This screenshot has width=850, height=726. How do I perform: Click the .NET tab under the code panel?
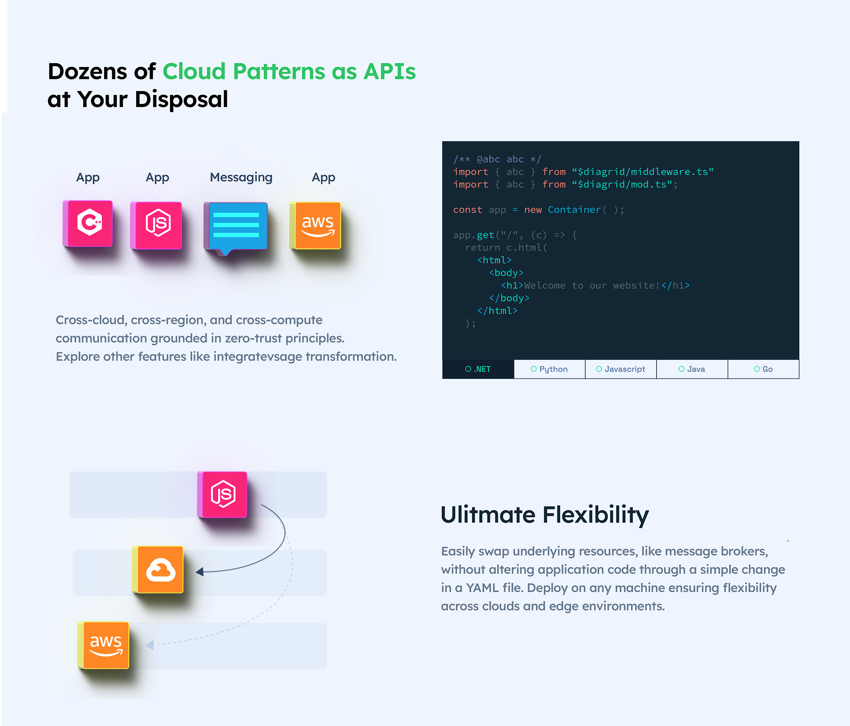[478, 369]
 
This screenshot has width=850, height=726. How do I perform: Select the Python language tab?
[549, 369]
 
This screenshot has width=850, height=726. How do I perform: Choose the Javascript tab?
[621, 369]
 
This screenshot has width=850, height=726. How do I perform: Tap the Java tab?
[692, 369]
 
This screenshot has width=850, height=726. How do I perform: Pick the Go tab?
[763, 369]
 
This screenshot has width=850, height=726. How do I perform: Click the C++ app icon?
[88, 223]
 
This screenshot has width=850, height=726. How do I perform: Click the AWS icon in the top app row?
[315, 225]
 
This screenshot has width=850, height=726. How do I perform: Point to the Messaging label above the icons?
[241, 177]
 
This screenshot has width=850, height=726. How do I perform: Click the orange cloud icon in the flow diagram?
[158, 569]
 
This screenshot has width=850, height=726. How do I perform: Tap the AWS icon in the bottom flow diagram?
[104, 645]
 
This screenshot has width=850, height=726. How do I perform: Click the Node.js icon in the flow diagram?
[222, 494]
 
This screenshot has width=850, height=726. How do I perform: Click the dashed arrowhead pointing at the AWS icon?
[150, 645]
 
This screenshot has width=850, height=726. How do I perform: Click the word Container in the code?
[574, 210]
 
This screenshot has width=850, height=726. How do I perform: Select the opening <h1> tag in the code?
[512, 286]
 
